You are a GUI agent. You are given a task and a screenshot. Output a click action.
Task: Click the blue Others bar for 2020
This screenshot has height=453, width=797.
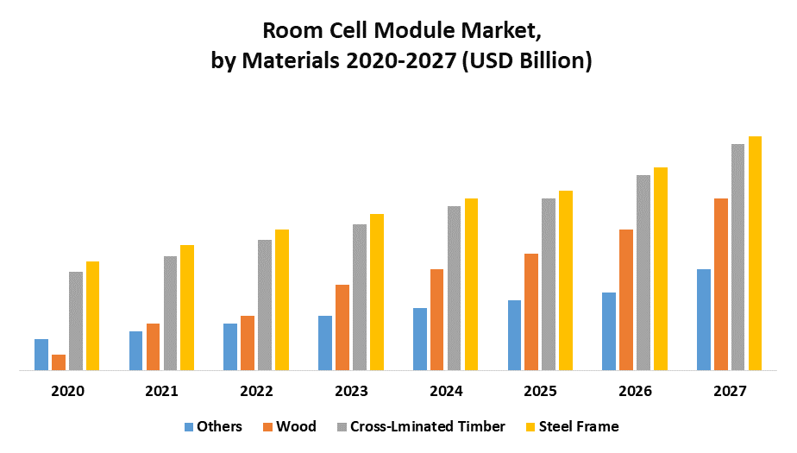(x=41, y=355)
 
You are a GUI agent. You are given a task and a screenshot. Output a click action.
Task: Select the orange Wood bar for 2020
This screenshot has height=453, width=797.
(x=59, y=362)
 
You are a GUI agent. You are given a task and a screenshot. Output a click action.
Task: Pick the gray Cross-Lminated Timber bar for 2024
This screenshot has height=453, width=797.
(x=455, y=288)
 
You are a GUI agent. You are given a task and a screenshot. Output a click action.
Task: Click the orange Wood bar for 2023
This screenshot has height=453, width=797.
(x=342, y=327)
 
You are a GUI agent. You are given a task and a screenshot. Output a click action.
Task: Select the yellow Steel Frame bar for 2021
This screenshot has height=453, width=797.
(x=187, y=307)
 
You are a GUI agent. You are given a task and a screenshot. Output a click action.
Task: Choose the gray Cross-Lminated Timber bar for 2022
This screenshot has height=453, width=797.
(x=265, y=305)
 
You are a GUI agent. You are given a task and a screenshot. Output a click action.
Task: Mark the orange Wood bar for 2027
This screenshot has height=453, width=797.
(x=720, y=284)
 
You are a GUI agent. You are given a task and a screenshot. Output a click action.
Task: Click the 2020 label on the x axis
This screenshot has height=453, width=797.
(x=67, y=391)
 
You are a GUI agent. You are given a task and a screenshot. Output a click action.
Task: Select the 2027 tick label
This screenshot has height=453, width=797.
(x=730, y=391)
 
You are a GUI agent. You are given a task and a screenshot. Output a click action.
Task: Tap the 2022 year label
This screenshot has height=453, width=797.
(x=256, y=391)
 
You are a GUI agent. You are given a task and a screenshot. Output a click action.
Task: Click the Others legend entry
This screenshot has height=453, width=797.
(x=213, y=426)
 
